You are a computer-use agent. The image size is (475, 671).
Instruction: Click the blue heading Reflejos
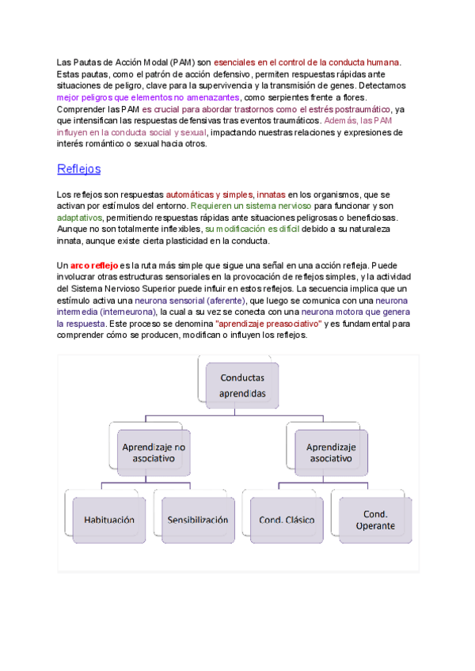(x=78, y=169)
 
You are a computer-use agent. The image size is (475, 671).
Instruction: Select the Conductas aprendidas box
(x=242, y=385)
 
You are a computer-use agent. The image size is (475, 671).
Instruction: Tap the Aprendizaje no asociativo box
(x=154, y=453)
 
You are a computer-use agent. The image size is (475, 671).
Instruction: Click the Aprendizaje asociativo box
(x=331, y=453)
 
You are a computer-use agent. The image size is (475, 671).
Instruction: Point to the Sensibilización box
(x=197, y=520)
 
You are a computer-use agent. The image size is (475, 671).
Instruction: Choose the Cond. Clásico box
(x=286, y=520)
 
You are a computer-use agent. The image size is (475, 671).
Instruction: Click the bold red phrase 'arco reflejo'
(x=94, y=264)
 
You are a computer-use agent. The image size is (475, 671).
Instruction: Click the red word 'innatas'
(x=271, y=194)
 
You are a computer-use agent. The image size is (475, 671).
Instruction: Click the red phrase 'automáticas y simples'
(x=210, y=194)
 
